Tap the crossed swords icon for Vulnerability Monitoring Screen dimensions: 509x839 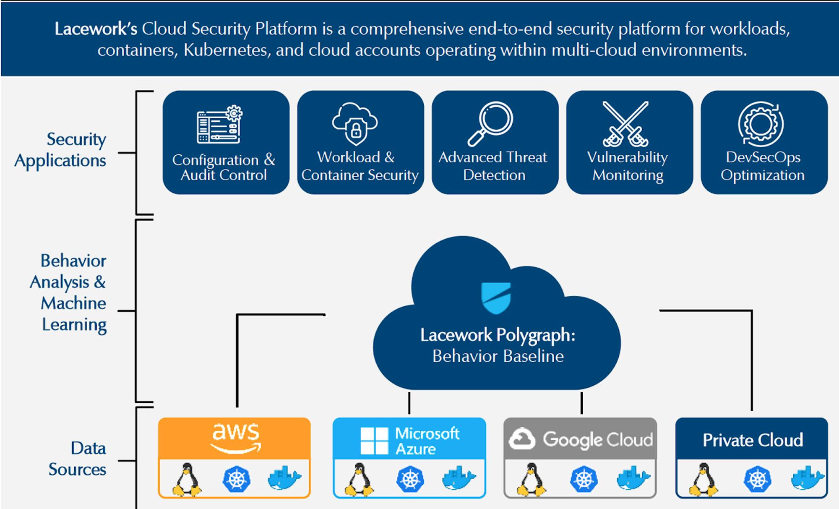(625, 124)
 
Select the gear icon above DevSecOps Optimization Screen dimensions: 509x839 (761, 124)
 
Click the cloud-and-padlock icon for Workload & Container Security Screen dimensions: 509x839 (355, 124)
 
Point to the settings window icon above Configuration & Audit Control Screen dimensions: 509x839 (219, 125)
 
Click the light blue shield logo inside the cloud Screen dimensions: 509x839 (496, 298)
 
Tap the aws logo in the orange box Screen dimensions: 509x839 (235, 438)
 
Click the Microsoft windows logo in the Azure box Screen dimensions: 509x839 (374, 441)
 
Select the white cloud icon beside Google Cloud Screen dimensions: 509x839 (522, 439)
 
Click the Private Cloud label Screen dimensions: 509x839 (753, 440)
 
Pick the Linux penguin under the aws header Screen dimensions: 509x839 (187, 479)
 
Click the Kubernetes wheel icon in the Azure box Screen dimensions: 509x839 (410, 479)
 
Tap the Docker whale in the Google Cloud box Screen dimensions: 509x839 (633, 478)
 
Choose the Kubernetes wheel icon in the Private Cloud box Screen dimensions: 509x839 (757, 479)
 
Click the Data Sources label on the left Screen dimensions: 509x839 (77, 459)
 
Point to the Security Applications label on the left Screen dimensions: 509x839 (60, 150)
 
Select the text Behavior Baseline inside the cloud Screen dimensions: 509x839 (498, 356)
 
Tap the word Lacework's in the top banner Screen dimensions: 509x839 (96, 29)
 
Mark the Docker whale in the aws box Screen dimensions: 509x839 (284, 478)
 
